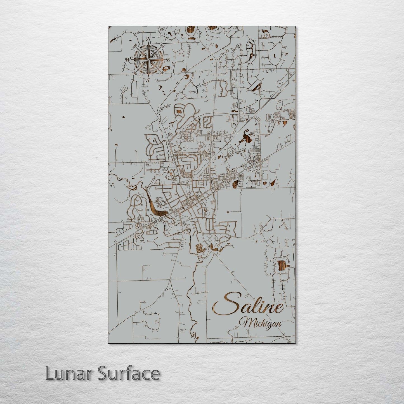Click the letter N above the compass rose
point(149,39)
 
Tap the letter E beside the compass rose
point(168,60)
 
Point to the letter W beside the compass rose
point(128,59)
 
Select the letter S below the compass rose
point(148,80)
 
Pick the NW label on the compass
point(134,46)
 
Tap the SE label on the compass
point(162,73)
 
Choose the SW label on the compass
point(134,73)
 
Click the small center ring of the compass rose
point(148,59)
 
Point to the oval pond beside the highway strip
point(236,184)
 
